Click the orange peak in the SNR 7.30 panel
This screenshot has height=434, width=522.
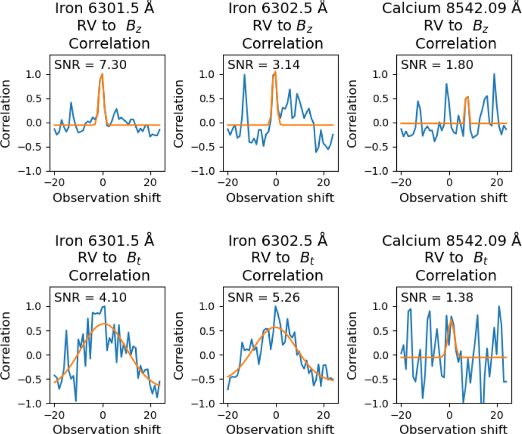click(x=102, y=75)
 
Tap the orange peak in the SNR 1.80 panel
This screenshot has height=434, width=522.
click(x=468, y=97)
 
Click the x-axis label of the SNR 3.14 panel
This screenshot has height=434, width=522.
click(x=282, y=197)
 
